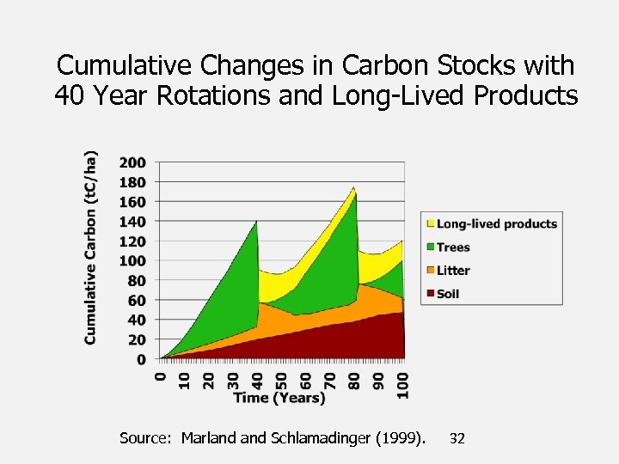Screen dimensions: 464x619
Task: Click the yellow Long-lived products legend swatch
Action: [x=430, y=224]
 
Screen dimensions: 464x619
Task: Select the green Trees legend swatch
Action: [x=430, y=247]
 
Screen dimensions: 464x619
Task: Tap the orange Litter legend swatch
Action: [x=430, y=271]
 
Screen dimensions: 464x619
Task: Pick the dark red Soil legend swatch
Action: [x=430, y=294]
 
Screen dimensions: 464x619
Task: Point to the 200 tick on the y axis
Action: [x=133, y=162]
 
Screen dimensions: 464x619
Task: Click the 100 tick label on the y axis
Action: [x=133, y=261]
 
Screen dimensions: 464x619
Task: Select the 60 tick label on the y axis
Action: [x=137, y=301]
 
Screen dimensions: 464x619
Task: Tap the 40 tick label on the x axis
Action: [x=257, y=378]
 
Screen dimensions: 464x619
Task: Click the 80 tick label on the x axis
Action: [x=354, y=378]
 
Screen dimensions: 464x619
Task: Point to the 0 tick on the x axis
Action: [x=160, y=375]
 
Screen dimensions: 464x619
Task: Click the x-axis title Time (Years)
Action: [x=279, y=398]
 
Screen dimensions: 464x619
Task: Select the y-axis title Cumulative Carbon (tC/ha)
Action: [x=91, y=248]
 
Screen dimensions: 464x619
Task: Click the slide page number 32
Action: [x=457, y=438]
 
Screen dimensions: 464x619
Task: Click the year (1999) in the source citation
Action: [x=402, y=438]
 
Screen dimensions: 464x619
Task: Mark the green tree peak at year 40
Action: [x=256, y=223]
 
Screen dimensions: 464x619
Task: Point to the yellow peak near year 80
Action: [x=353, y=188]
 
